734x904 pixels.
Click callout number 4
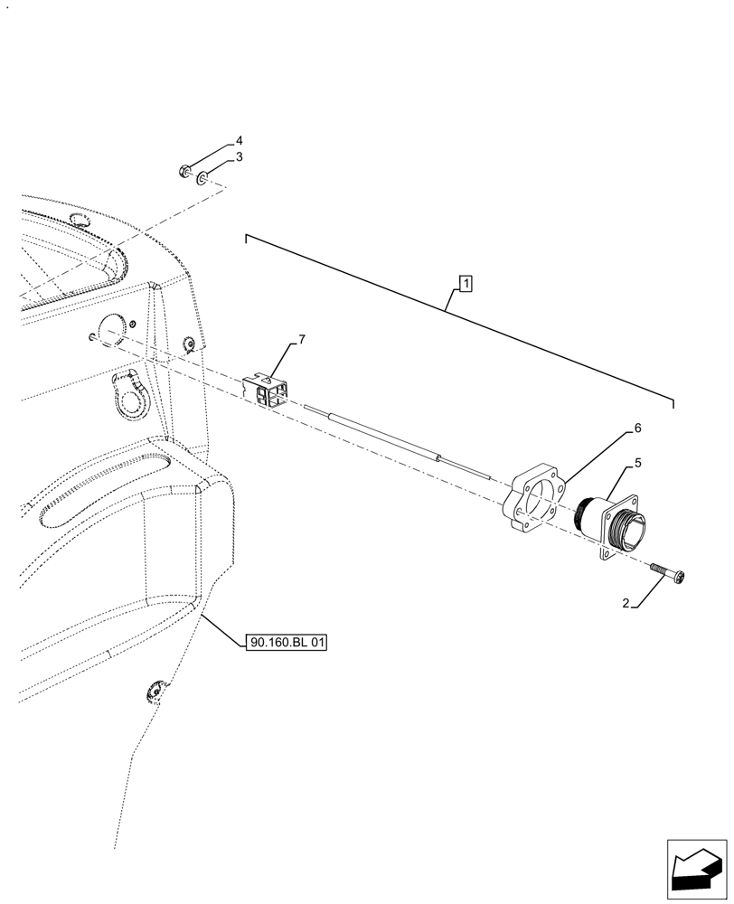(240, 141)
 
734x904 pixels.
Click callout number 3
(240, 157)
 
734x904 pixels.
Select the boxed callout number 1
(464, 285)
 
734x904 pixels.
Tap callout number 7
(302, 340)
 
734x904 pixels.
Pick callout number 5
(638, 463)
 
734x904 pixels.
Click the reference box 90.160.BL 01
(285, 643)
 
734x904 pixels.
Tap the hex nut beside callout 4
(184, 170)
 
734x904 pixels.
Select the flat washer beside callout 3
(204, 175)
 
